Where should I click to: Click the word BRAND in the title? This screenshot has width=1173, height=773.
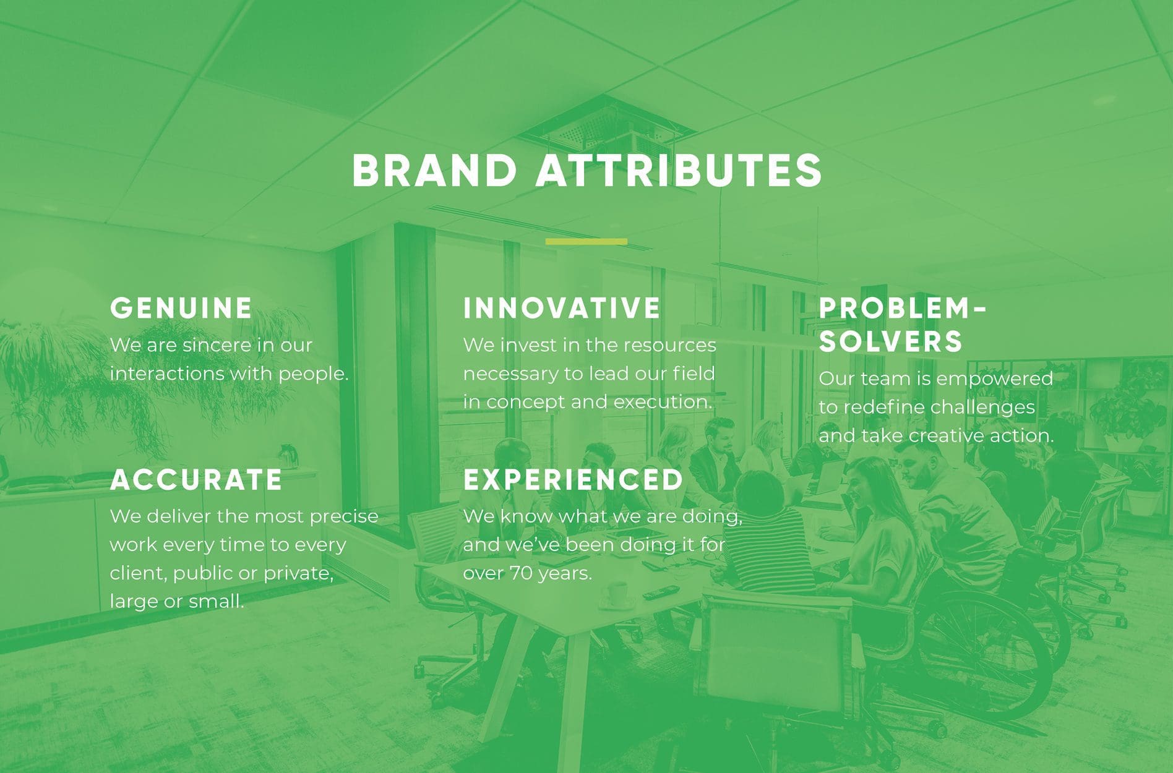click(434, 171)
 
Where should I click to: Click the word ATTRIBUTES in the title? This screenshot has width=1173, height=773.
click(679, 171)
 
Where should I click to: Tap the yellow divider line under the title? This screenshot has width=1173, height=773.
click(586, 242)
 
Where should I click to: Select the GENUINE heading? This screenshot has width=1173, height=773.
click(181, 308)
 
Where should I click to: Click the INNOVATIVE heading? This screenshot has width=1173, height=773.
click(562, 308)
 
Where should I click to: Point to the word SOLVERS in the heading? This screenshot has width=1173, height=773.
click(891, 341)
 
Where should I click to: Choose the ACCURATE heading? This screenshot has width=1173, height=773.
click(196, 480)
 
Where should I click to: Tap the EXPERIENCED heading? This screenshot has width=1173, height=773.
click(573, 480)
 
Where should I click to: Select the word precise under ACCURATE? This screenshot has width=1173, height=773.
click(343, 516)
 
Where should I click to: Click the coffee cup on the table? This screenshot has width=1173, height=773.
click(615, 594)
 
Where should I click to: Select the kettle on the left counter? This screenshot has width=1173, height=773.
click(288, 458)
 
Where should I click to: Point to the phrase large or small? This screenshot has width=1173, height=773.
click(177, 601)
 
